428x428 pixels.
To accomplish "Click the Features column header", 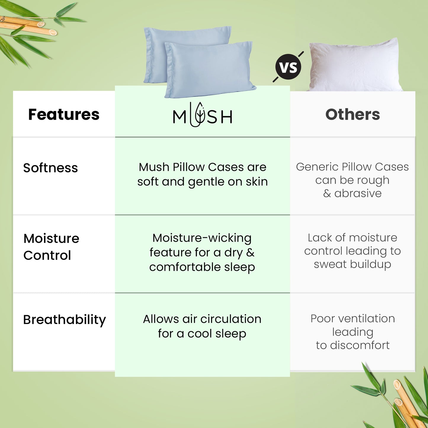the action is [x=64, y=115].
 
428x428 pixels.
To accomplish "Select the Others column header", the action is [x=353, y=115].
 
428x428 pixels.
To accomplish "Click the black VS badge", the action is [x=288, y=67].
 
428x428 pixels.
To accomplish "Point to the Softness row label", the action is [x=51, y=168].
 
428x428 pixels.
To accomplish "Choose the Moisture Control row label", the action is [x=51, y=247].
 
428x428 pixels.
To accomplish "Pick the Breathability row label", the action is [x=64, y=320].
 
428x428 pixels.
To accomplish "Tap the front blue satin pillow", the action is [x=210, y=70].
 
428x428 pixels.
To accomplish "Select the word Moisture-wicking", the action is [x=202, y=238].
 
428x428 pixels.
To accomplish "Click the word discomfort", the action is [x=360, y=345].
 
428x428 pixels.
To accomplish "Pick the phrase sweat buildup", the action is [x=352, y=265].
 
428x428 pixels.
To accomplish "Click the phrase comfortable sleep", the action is [x=202, y=267].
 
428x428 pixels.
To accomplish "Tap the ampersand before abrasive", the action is [x=327, y=193].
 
